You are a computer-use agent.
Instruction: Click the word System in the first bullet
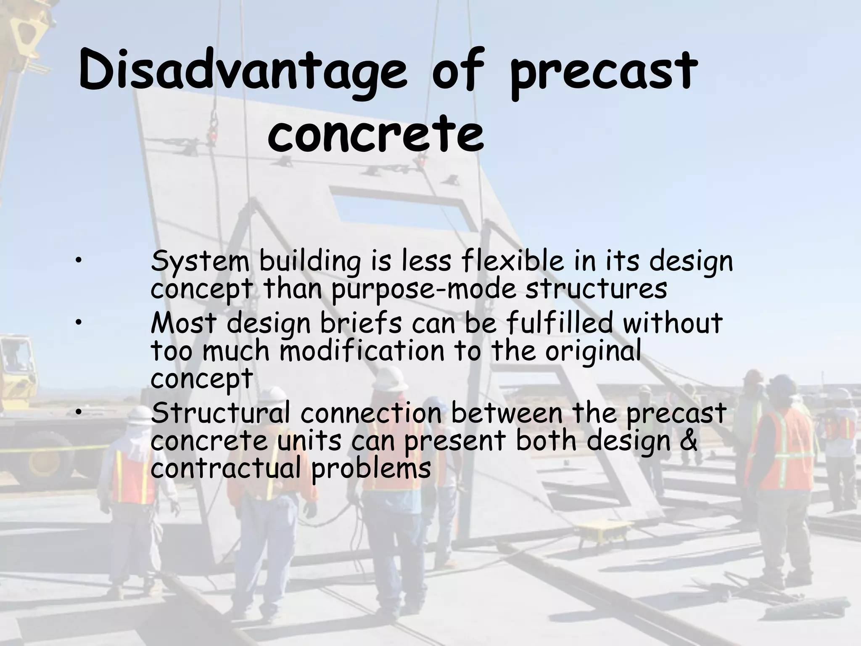[x=200, y=262]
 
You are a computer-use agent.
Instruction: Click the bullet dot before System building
[x=79, y=263]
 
